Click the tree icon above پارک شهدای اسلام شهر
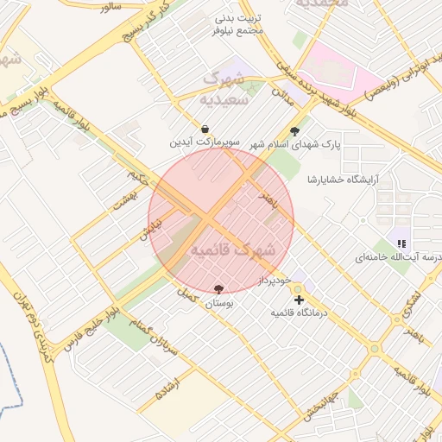tap(296, 132)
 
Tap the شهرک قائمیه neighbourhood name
tap(232, 250)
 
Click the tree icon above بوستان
tap(218, 290)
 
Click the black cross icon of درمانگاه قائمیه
tap(299, 300)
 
